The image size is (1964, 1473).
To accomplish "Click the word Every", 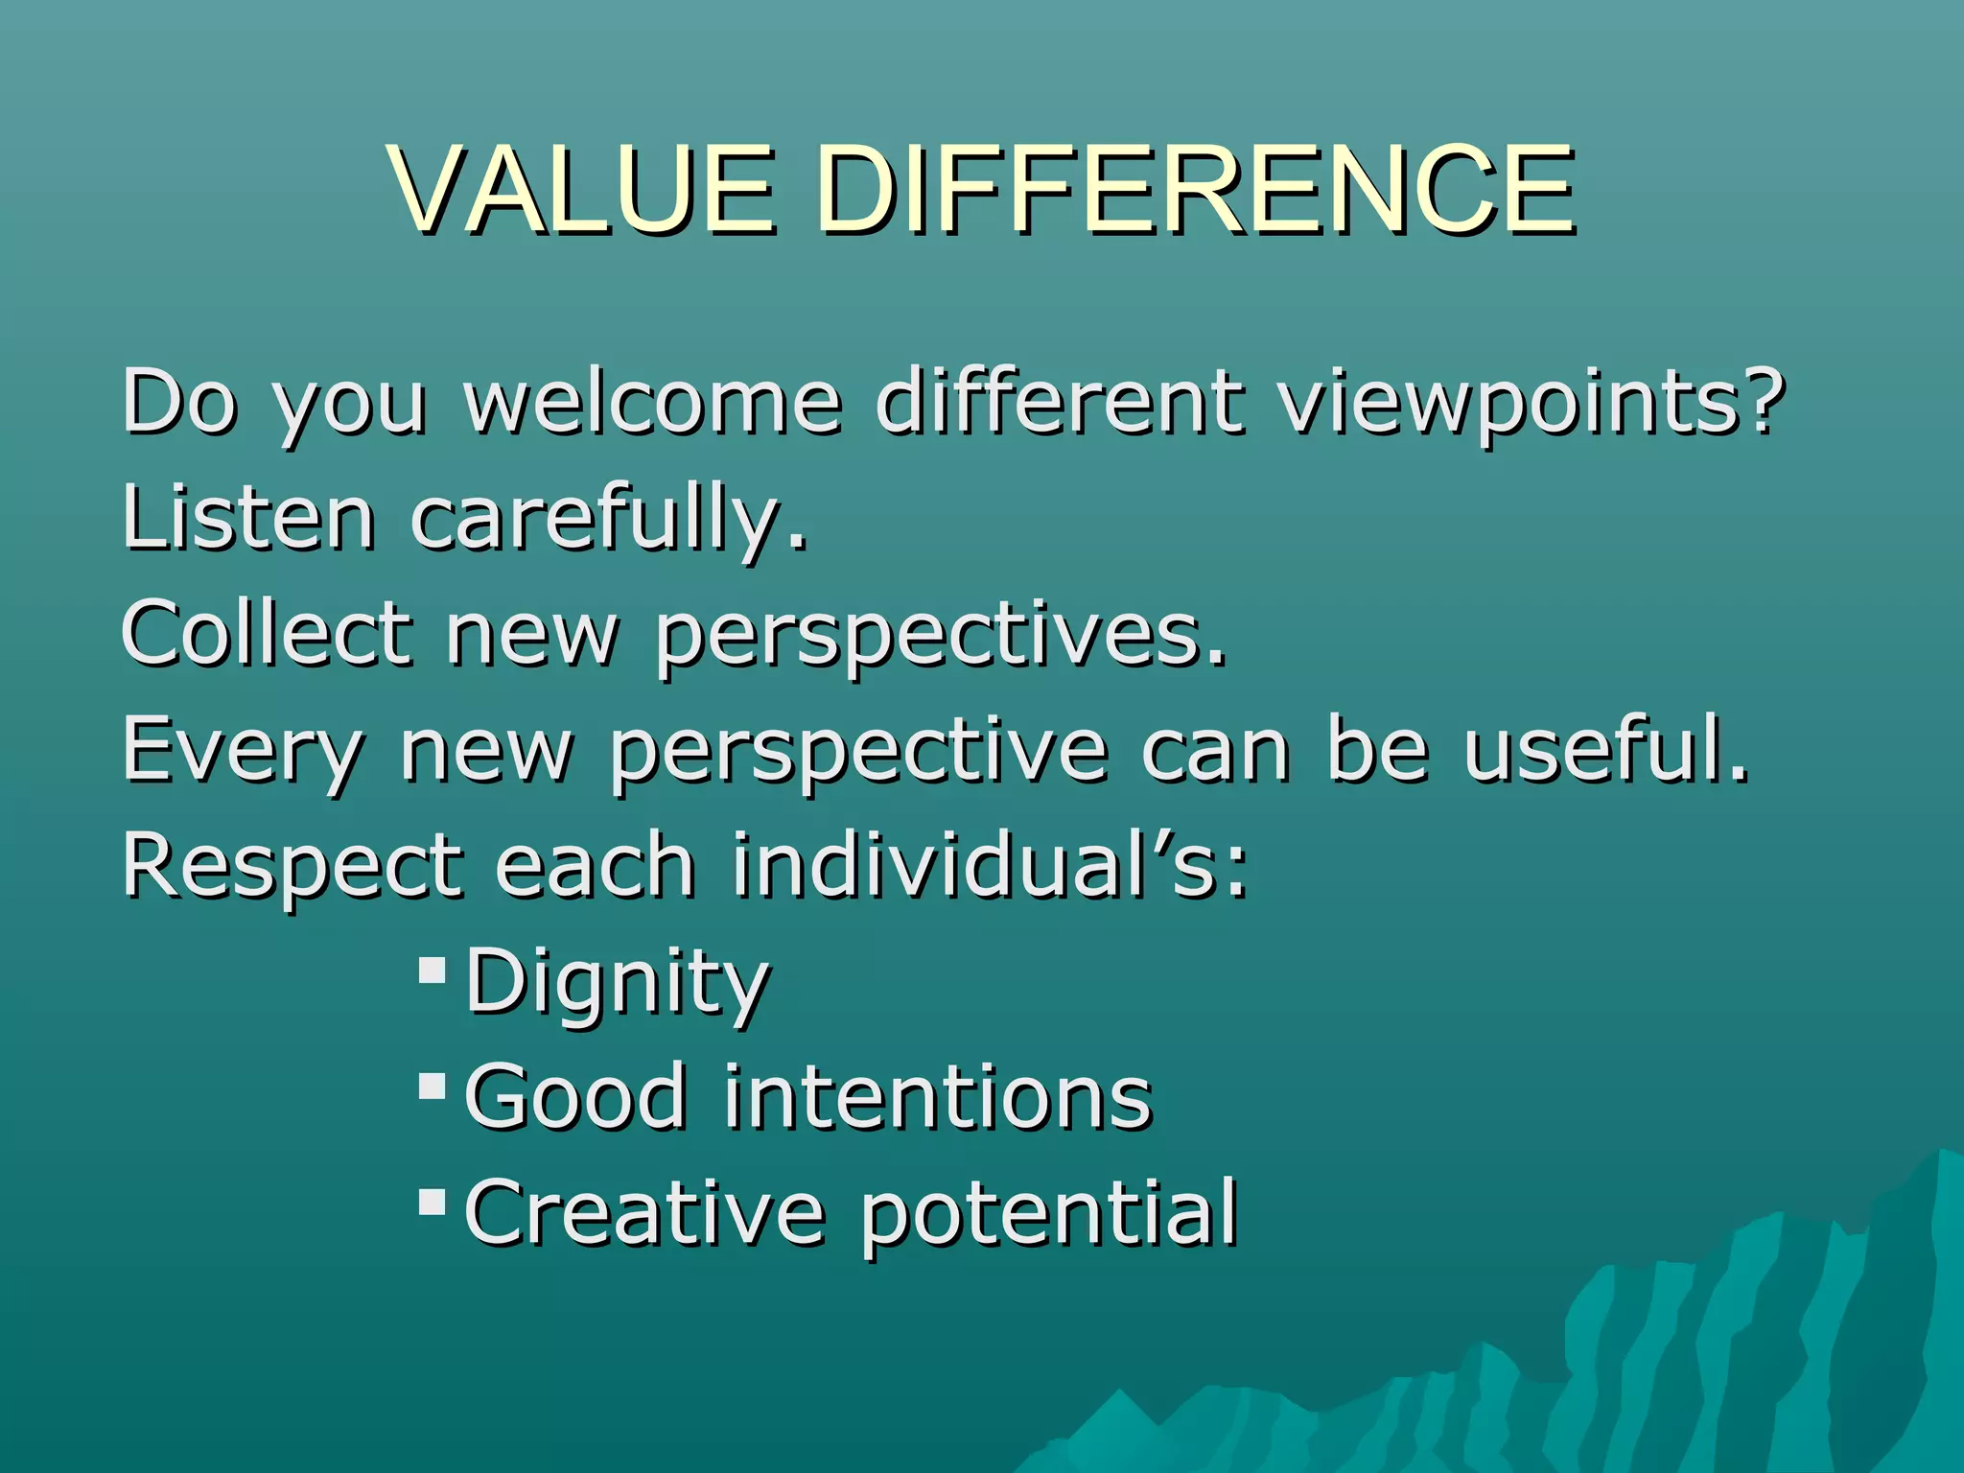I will [243, 753].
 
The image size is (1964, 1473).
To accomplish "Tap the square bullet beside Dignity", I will [433, 970].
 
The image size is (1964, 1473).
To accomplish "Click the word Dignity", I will [617, 984].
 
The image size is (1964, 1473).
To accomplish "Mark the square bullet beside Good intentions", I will [433, 1086].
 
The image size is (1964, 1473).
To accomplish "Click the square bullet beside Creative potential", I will [433, 1202].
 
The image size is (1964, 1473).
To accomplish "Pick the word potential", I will [1048, 1216].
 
